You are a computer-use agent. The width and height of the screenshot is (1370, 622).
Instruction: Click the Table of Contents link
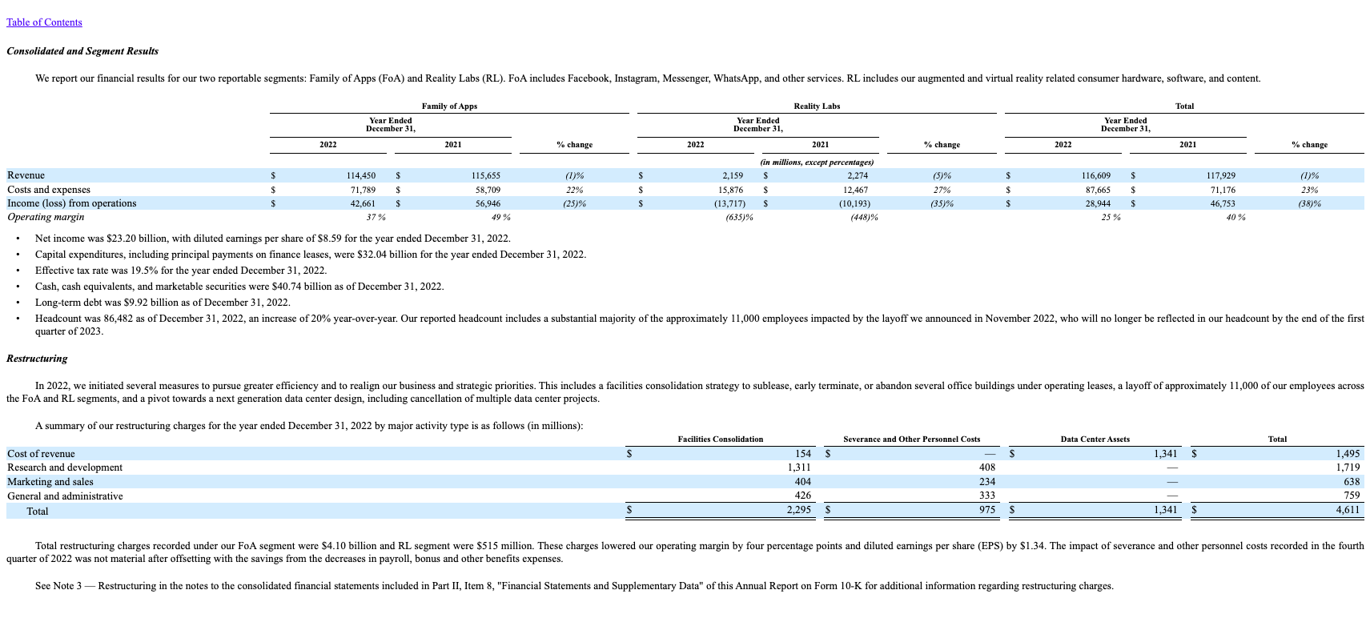point(44,22)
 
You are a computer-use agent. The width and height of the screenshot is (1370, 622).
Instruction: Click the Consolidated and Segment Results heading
point(82,51)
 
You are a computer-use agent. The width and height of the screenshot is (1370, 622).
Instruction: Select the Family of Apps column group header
point(449,106)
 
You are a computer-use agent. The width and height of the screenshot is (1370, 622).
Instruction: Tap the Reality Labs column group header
point(816,106)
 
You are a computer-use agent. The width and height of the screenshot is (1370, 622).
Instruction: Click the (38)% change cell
point(1309,204)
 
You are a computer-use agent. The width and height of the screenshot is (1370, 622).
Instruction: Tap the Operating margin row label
point(46,217)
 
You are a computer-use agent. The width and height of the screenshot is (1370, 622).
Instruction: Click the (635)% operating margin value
point(738,218)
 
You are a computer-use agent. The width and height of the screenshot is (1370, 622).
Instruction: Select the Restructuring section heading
point(37,359)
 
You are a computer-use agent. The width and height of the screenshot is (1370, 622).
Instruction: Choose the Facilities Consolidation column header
point(720,439)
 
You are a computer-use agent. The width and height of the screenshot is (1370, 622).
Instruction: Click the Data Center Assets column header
point(1095,439)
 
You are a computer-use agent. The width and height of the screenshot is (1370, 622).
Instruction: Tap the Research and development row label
point(65,468)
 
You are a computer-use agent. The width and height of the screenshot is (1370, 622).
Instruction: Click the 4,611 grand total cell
point(1347,509)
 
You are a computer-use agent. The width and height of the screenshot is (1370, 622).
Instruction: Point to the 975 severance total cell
point(986,509)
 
